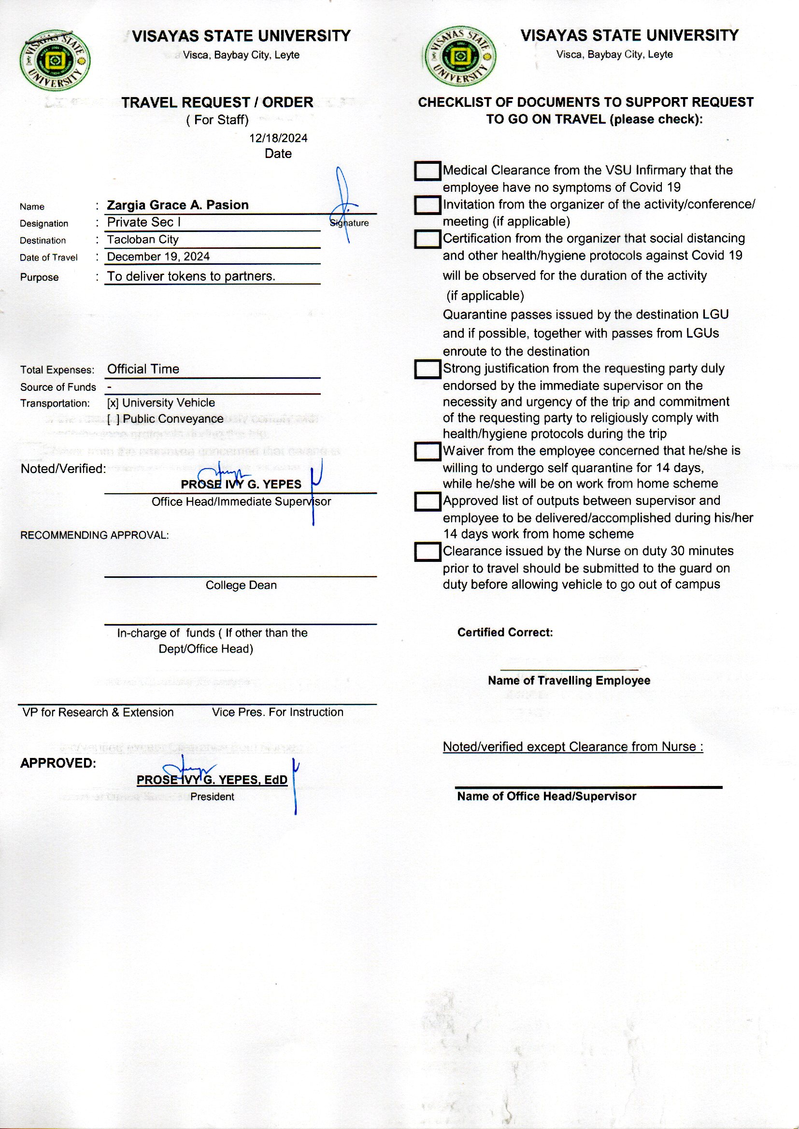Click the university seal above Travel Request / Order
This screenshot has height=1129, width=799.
pos(55,60)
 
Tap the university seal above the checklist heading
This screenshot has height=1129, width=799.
pos(460,57)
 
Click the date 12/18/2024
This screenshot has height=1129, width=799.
pos(278,138)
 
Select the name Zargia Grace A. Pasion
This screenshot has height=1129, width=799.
pos(178,205)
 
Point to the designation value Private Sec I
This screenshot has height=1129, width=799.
pos(143,222)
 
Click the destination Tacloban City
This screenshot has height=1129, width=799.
pos(143,240)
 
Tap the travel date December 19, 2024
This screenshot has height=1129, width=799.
pos(158,257)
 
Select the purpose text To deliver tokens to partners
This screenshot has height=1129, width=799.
pos(191,276)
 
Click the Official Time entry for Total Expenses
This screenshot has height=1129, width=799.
pos(143,369)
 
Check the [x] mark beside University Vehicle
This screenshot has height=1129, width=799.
pos(113,403)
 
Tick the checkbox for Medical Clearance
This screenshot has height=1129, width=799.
pos(427,171)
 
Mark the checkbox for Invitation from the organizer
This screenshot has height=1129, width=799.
pos(427,205)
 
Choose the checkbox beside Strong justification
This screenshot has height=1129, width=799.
pos(427,370)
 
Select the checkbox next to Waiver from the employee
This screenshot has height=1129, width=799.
pos(427,452)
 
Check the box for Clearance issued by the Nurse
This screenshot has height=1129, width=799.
pos(427,552)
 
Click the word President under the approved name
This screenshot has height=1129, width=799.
pos(212,797)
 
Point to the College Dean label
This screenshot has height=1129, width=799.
pos(241,585)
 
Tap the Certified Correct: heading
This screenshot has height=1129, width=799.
pos(505,632)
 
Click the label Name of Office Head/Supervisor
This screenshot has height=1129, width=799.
pos(546,797)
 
